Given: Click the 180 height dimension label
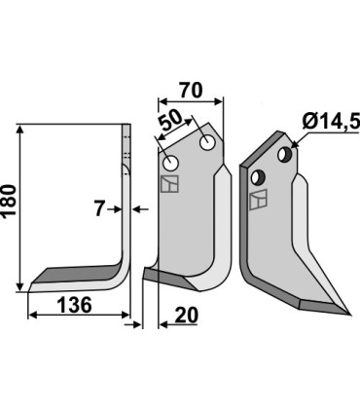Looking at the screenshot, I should [11, 206].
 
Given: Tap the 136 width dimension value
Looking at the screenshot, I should [74, 305].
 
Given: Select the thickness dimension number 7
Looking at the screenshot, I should [100, 208].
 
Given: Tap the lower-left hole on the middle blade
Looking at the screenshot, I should [171, 163].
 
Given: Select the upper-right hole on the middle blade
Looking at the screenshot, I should [207, 144].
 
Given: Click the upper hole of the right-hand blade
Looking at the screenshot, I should [284, 155].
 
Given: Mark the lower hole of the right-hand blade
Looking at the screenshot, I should [259, 176].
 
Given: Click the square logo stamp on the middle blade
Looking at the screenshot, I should [169, 185].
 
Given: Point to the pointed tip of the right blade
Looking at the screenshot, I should [347, 314].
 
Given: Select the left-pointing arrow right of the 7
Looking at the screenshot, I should [137, 208].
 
